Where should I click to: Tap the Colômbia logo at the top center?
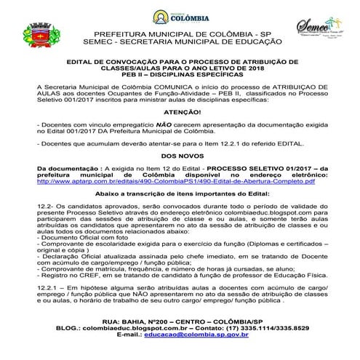point(181,16)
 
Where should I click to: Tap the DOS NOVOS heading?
point(180,156)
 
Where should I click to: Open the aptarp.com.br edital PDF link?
point(180,180)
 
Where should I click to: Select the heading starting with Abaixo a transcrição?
point(180,195)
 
